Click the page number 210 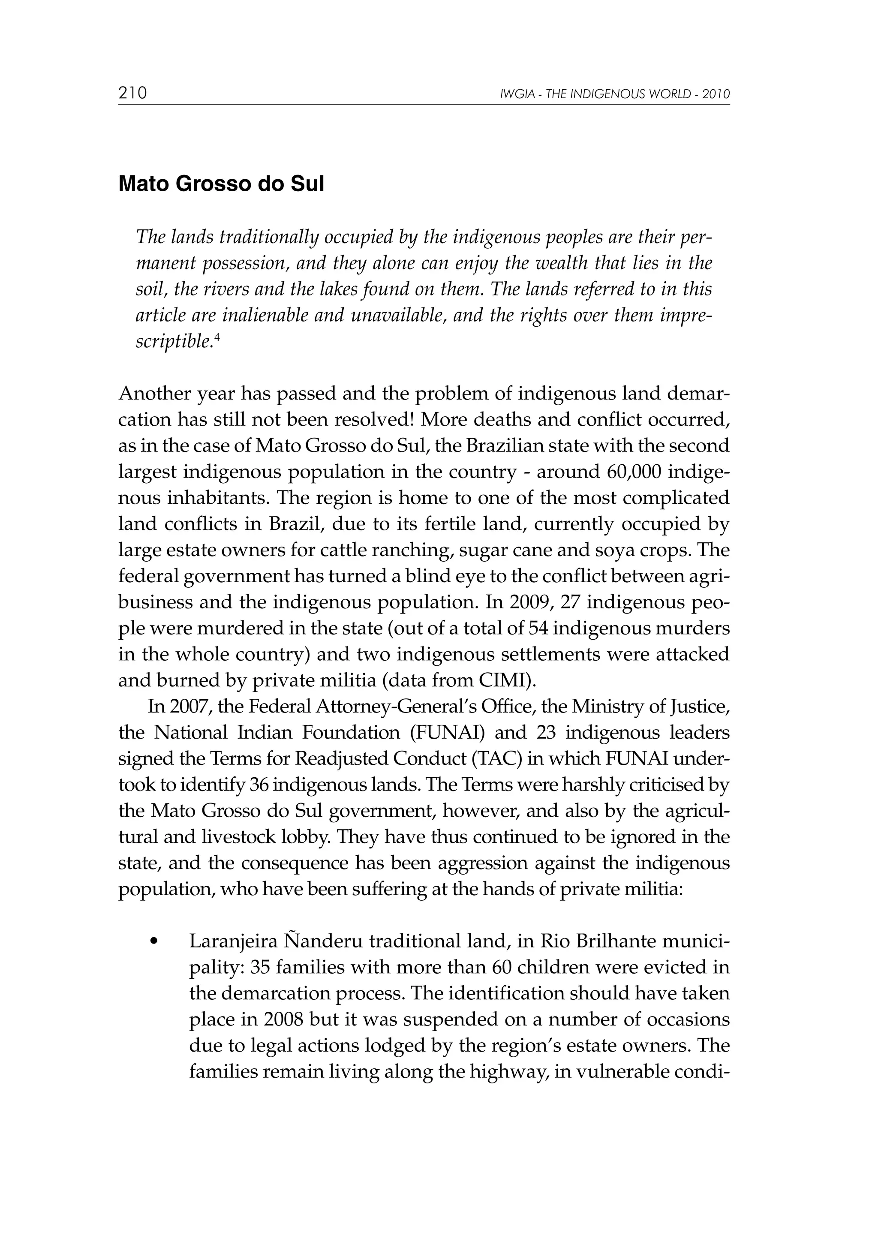[132, 93]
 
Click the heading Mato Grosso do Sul [221, 184]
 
